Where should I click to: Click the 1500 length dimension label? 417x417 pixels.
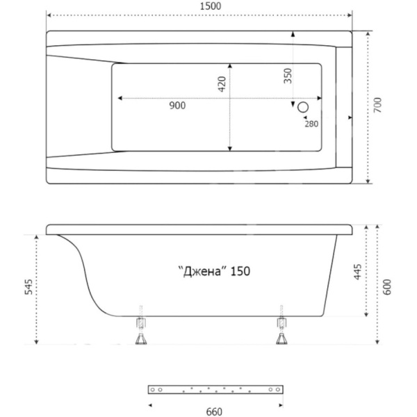(x=211, y=6)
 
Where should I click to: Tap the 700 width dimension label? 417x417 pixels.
(x=377, y=105)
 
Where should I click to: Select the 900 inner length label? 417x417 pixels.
(x=177, y=106)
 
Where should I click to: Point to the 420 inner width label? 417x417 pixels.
(x=222, y=84)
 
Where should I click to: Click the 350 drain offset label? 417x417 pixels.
(x=288, y=76)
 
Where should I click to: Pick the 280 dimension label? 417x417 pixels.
(x=311, y=124)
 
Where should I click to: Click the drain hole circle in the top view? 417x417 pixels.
(x=303, y=107)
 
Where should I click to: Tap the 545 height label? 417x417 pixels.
(x=28, y=286)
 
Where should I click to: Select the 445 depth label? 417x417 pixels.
(x=358, y=272)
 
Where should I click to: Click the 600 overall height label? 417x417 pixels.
(x=388, y=286)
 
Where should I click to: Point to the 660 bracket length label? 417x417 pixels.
(x=214, y=411)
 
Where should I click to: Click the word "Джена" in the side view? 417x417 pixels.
(x=202, y=272)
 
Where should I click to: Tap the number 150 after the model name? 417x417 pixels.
(x=240, y=271)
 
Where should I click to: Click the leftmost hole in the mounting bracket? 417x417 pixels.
(x=152, y=390)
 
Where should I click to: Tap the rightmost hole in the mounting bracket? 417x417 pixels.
(x=278, y=390)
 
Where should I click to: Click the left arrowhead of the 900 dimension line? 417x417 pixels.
(x=120, y=98)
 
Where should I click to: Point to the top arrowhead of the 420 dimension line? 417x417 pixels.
(x=230, y=66)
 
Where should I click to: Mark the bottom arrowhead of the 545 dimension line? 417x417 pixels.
(x=36, y=342)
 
